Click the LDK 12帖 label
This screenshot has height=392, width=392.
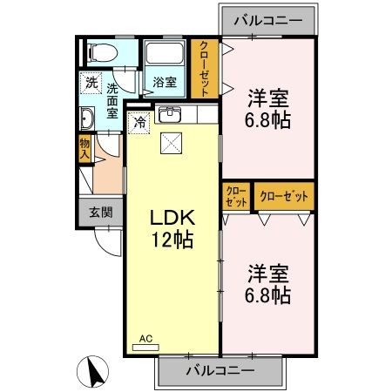tap(172, 229)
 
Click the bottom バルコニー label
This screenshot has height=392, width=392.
tap(220, 369)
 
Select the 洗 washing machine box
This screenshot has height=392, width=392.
tap(91, 84)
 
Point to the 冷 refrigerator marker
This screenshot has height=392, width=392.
tap(139, 123)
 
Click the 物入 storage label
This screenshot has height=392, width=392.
tap(84, 149)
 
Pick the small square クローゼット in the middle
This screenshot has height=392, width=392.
tap(236, 196)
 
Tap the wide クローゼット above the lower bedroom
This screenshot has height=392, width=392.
tap(284, 196)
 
